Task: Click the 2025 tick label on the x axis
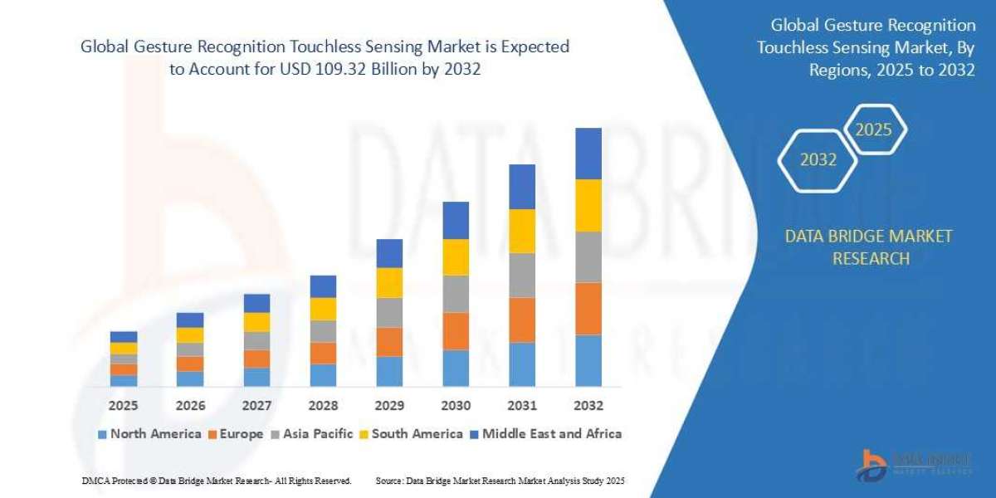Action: point(124,406)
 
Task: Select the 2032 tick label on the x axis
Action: point(588,406)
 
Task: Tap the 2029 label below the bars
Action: point(389,406)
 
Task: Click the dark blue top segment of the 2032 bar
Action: point(588,154)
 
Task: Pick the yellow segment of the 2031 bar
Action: point(522,231)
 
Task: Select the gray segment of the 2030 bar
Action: point(456,294)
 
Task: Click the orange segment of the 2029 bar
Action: point(389,342)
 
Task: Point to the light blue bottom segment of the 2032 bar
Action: point(588,360)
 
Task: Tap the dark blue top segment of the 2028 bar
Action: point(323,286)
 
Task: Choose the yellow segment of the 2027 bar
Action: point(256,322)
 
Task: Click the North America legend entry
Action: point(149,433)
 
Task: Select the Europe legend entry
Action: point(236,433)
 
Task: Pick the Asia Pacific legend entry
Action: point(311,433)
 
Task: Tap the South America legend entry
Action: point(410,433)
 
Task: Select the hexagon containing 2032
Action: point(818,159)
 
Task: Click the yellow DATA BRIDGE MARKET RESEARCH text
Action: point(869,247)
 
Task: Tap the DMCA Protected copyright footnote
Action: point(217,481)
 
